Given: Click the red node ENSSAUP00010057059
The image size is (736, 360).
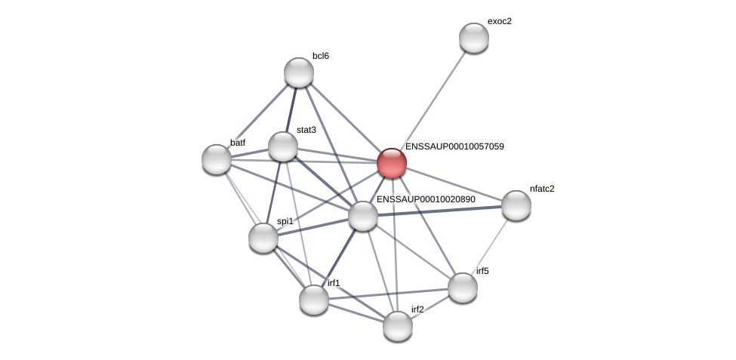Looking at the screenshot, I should [392, 163].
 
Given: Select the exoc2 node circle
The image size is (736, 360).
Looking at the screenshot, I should [474, 38].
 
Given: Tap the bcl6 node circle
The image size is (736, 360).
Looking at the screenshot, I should [299, 72].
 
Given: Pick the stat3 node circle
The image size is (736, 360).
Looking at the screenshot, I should [283, 146].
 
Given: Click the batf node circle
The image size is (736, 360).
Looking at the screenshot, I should [217, 159].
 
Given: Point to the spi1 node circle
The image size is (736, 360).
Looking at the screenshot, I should [263, 238].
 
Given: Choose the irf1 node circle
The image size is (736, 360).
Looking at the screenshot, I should [314, 300].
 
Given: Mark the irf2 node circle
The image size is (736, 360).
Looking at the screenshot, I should [398, 326].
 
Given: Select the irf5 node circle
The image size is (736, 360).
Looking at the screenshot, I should [463, 288].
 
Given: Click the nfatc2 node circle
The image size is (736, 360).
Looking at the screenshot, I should [516, 205].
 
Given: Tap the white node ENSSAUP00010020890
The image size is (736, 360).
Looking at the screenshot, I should [363, 216].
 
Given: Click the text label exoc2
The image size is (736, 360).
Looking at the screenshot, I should [499, 21].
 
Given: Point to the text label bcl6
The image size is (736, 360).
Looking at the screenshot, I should [321, 56].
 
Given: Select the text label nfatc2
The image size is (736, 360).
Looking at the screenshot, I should [542, 189].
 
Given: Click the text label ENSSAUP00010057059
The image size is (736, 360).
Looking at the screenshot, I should [454, 146].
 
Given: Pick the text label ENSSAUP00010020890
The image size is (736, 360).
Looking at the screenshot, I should [426, 199].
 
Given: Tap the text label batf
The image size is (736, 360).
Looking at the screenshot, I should [238, 143].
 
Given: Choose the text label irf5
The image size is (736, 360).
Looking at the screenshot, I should [482, 271].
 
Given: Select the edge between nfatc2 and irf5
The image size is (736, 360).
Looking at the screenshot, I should [490, 246].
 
